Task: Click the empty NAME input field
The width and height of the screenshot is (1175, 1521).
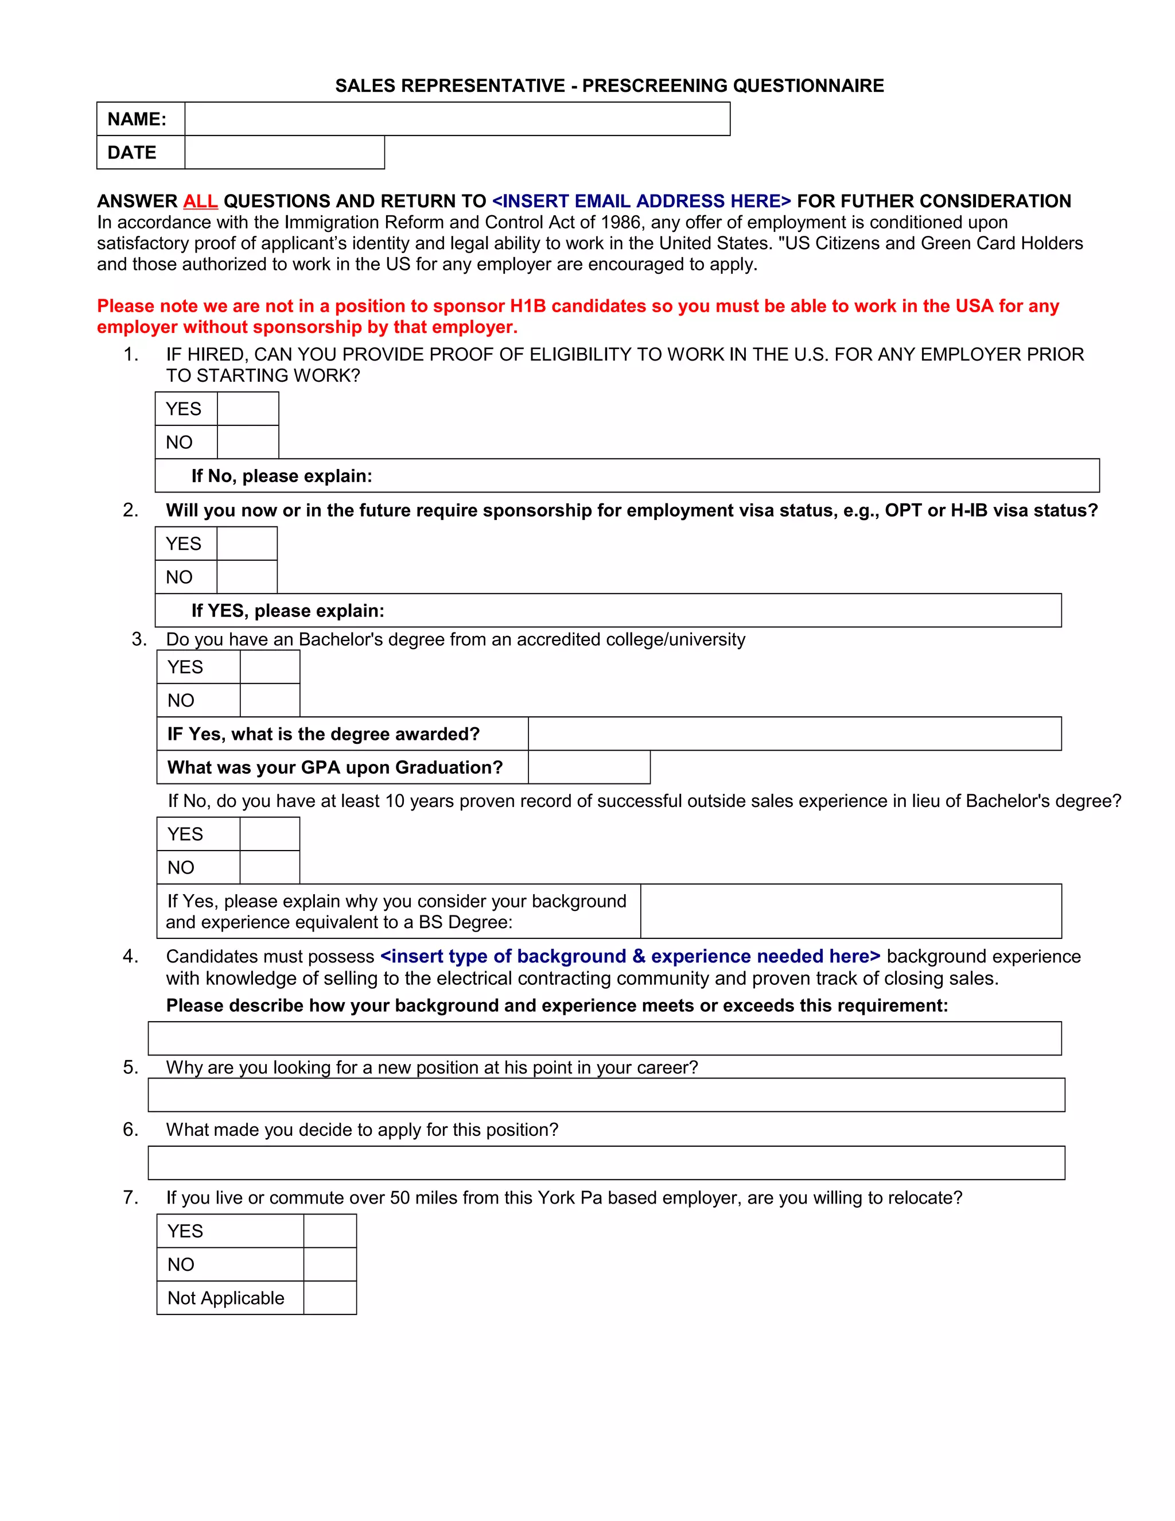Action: tap(457, 119)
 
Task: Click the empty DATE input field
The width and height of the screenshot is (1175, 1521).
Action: tap(284, 153)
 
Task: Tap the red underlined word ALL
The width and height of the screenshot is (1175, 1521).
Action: tap(200, 201)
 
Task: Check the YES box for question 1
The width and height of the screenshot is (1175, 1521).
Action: tap(248, 409)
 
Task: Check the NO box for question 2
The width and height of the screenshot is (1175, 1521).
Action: tap(247, 577)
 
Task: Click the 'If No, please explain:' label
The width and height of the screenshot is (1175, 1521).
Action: tap(281, 476)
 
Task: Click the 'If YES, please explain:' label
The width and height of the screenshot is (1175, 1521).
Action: tap(287, 611)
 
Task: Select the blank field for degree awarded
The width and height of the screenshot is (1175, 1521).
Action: tap(794, 734)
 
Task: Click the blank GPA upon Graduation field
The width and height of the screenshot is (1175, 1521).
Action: tap(589, 767)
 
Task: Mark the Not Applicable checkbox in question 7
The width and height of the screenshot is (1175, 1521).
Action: tap(330, 1298)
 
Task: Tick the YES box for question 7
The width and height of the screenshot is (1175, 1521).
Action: tap(330, 1231)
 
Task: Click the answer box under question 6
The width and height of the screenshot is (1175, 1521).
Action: tap(606, 1163)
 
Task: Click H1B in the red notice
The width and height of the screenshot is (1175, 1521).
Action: tap(528, 306)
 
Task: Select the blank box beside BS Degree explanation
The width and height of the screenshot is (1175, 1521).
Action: tap(851, 911)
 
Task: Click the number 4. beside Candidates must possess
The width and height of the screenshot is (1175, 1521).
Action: tap(131, 957)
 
